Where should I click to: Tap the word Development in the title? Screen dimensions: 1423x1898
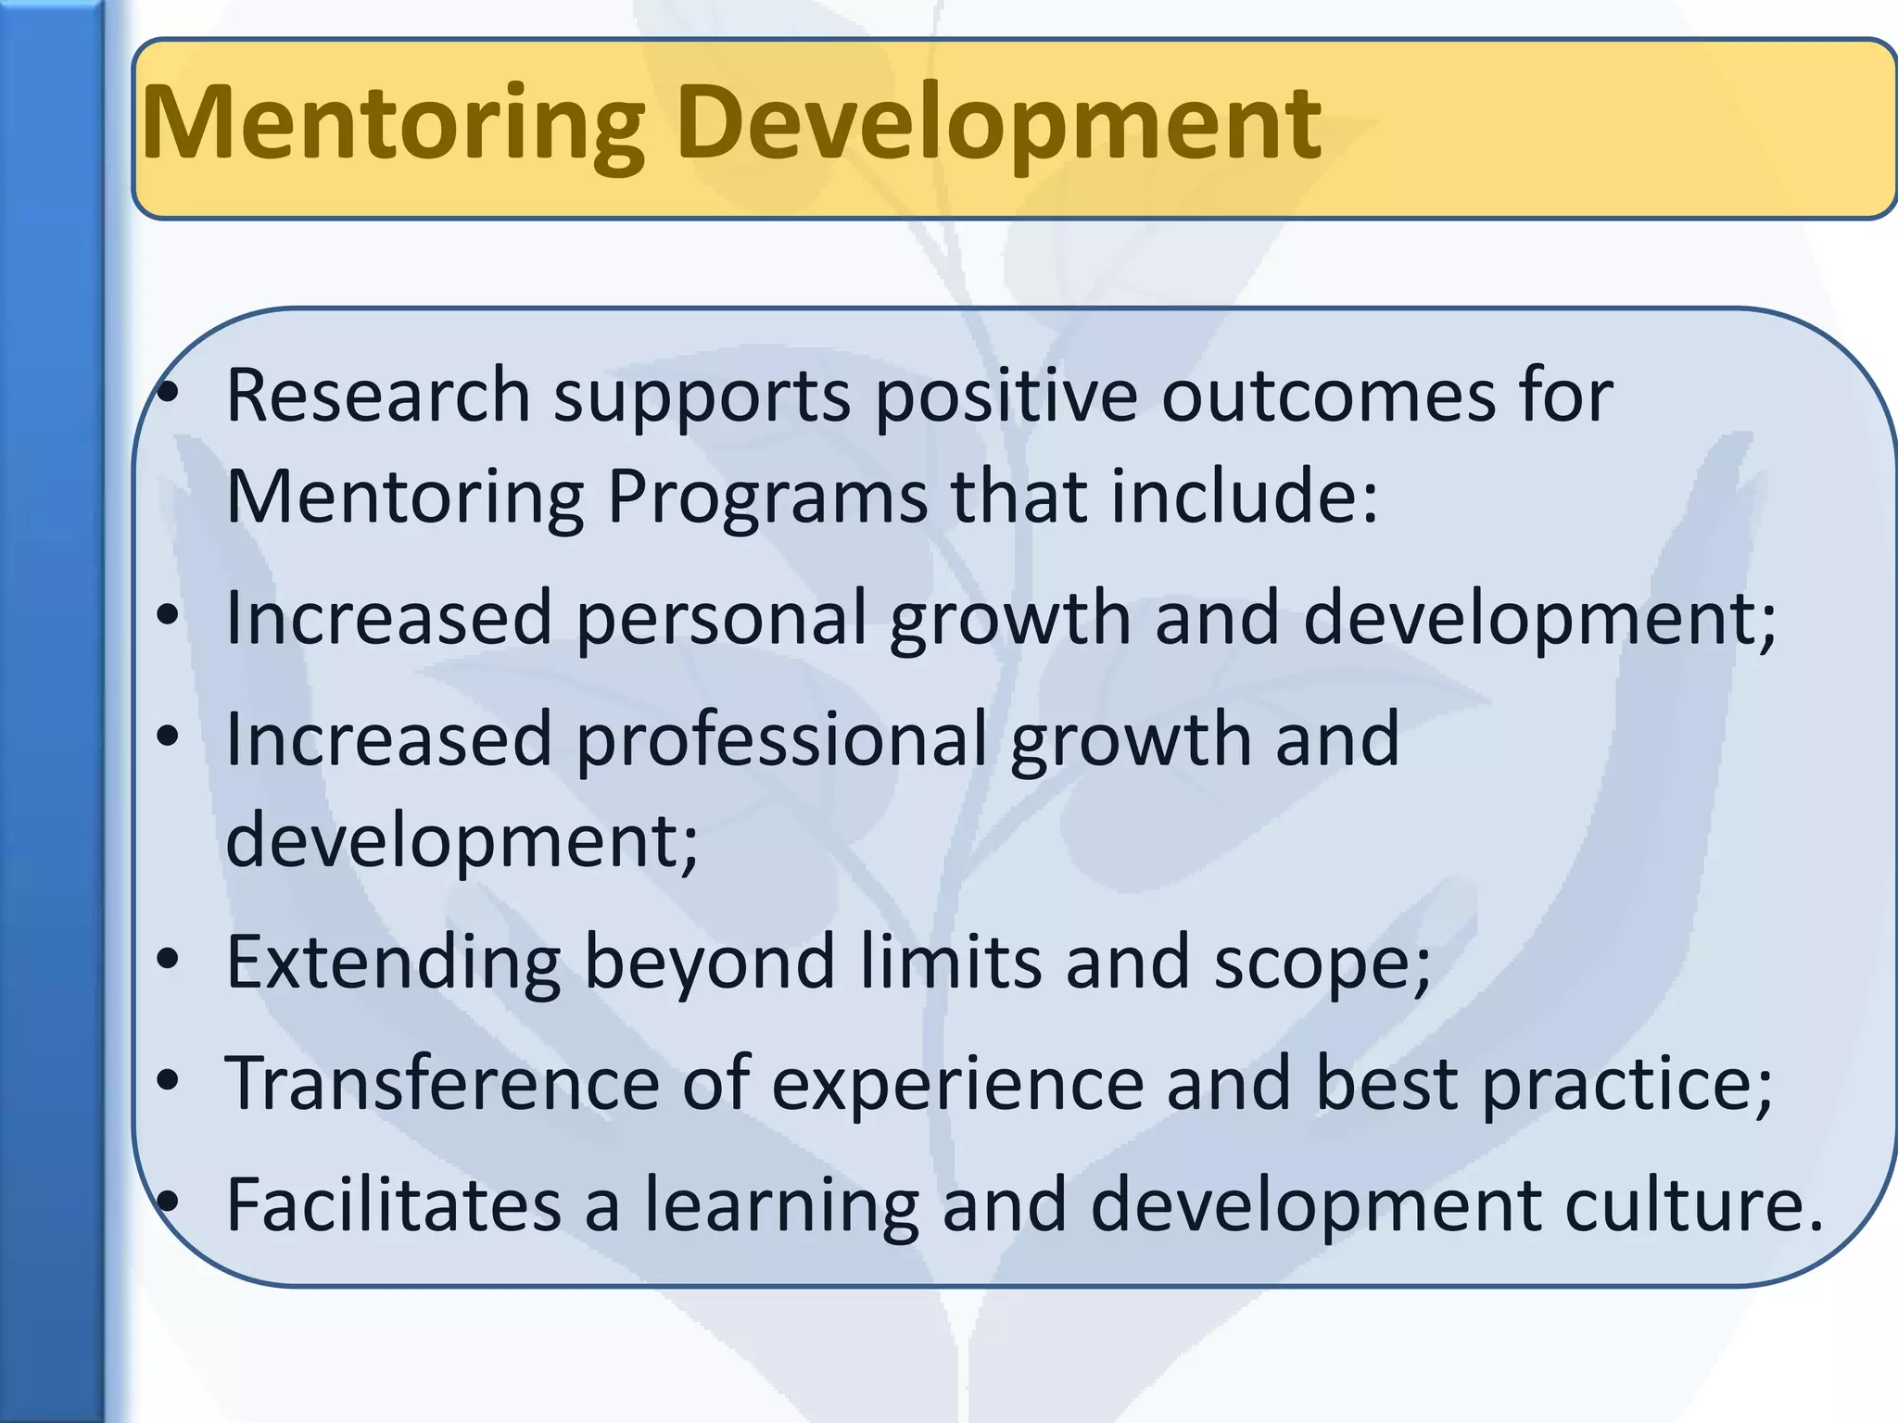tap(999, 125)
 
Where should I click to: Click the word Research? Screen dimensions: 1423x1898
tap(377, 396)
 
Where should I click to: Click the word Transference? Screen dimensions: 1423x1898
tap(441, 1083)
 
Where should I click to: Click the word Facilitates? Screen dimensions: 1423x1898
tap(394, 1204)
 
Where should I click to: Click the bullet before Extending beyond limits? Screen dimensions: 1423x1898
tap(167, 961)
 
